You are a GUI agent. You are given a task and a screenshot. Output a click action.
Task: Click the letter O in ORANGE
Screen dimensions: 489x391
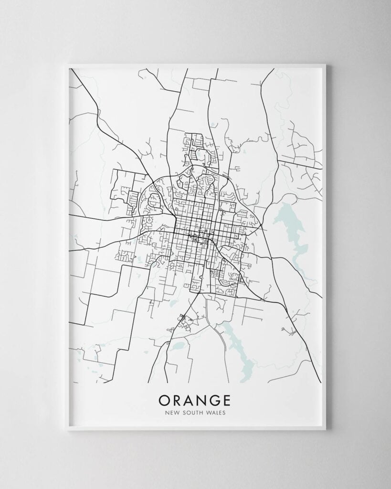click(164, 399)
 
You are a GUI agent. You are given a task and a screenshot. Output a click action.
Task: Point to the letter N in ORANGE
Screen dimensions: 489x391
click(204, 399)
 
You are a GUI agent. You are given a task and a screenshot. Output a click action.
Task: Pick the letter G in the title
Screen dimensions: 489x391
click(218, 399)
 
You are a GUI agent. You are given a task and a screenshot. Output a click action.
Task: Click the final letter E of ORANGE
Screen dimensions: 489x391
click(230, 399)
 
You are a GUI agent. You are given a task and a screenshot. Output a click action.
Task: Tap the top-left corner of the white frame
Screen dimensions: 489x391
click(67, 64)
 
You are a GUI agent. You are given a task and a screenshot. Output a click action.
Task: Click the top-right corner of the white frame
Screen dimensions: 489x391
click(326, 64)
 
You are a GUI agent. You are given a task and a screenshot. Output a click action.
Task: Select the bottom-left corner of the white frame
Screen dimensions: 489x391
click(67, 430)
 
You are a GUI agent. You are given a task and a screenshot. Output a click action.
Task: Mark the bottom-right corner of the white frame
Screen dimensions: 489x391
click(326, 430)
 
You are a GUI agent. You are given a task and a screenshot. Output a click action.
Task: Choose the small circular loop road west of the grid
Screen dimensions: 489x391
click(149, 221)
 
